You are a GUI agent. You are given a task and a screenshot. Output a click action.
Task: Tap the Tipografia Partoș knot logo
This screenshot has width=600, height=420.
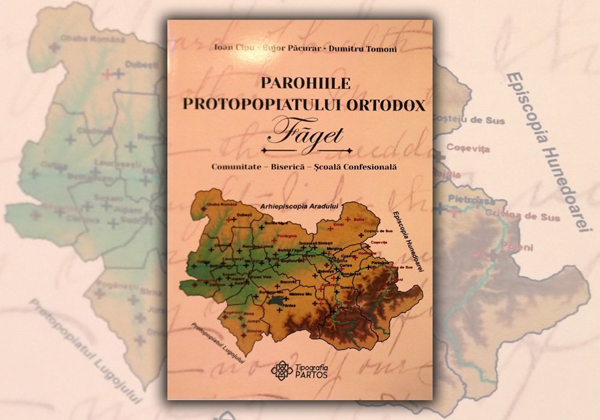281,370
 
